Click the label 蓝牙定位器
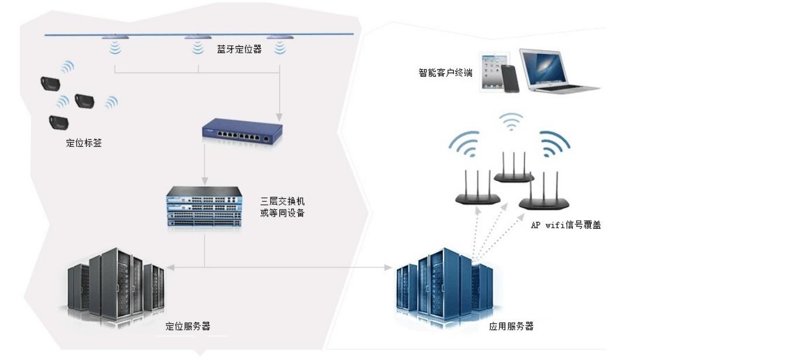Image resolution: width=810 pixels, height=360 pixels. coord(239,50)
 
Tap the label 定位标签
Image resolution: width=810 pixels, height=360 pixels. coord(84,143)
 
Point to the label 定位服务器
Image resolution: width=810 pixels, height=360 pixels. coord(188,327)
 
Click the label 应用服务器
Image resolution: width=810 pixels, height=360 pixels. coord(511,327)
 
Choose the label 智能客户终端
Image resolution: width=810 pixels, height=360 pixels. coord(446,73)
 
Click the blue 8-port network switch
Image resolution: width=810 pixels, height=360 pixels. coord(242,132)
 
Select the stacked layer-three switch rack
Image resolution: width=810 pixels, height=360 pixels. coord(204,207)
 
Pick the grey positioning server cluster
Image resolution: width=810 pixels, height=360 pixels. coord(116,284)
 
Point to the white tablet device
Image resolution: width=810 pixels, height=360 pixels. coord(491,71)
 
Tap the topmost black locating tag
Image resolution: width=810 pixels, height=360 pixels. coord(50,84)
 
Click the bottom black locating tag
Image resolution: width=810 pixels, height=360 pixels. coord(59,122)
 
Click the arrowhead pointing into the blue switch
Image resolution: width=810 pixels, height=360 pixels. coord(280,115)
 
